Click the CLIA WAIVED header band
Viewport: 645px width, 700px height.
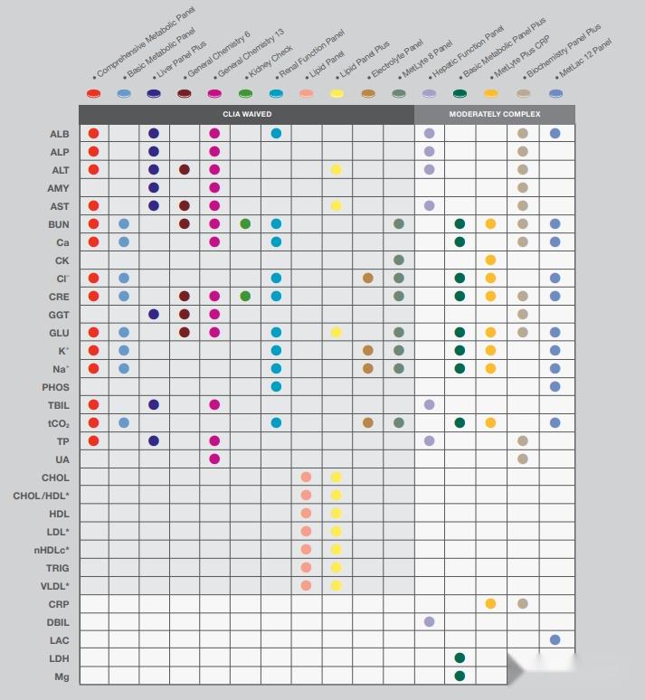click(246, 115)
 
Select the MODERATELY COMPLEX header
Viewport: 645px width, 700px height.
click(494, 115)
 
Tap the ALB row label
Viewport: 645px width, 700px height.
click(59, 134)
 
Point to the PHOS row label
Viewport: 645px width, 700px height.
click(55, 387)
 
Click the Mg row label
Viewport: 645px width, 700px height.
click(61, 676)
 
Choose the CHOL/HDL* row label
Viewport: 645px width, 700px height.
click(41, 496)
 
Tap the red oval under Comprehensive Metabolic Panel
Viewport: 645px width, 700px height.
click(93, 93)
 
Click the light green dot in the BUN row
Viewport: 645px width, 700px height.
click(245, 223)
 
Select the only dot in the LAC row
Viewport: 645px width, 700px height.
click(555, 639)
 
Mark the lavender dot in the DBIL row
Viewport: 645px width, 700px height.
click(429, 621)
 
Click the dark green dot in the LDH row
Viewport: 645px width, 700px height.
click(460, 657)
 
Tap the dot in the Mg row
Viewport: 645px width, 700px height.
click(460, 676)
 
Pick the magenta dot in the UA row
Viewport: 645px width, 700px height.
click(214, 459)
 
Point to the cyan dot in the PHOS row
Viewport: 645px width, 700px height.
click(276, 386)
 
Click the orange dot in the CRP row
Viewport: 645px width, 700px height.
click(490, 603)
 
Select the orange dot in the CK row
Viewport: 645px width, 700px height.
click(490, 260)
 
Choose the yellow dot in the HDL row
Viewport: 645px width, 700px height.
click(337, 513)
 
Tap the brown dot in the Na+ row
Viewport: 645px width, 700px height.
click(367, 368)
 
